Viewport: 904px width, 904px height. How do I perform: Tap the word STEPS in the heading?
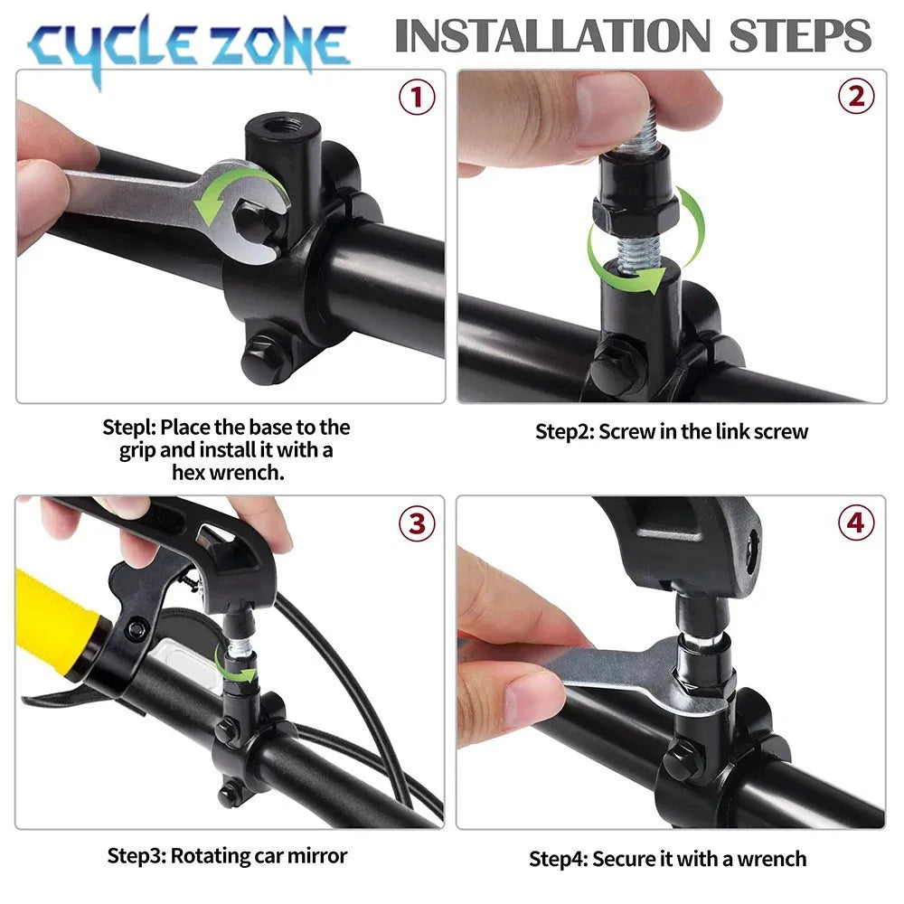pos(801,36)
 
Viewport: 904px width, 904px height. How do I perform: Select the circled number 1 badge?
pos(417,98)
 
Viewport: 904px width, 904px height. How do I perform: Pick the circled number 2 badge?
pos(855,98)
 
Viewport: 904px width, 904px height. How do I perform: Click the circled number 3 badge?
pos(417,523)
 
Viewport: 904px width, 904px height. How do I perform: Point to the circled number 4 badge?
pos(855,523)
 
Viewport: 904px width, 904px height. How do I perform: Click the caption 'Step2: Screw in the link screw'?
pos(671,431)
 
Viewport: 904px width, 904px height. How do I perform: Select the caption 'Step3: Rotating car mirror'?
pos(227,854)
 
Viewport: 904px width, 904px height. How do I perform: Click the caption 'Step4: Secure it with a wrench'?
pos(667,858)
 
